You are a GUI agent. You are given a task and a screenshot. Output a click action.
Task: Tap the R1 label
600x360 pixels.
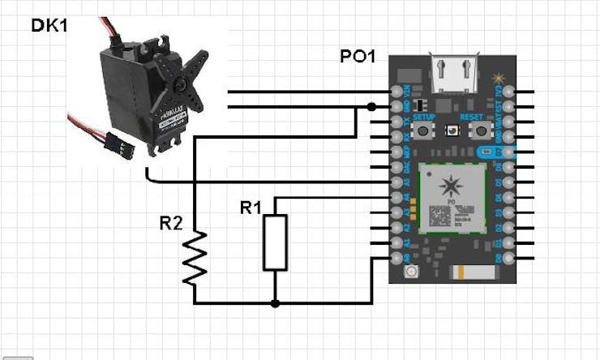251,208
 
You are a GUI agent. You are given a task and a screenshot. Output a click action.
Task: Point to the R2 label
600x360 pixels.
170,223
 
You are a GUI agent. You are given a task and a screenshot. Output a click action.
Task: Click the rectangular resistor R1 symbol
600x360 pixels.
276,242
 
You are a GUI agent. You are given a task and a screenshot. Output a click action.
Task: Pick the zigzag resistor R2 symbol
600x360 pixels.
195,258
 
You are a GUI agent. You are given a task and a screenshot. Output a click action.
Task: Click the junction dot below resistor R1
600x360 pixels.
276,303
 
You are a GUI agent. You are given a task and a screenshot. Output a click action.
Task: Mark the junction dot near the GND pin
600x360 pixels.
371,106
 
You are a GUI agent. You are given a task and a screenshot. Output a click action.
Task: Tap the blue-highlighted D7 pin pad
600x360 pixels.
508,152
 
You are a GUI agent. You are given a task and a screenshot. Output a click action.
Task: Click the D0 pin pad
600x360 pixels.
508,258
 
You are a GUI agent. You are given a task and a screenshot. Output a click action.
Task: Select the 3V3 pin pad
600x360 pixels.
508,91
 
